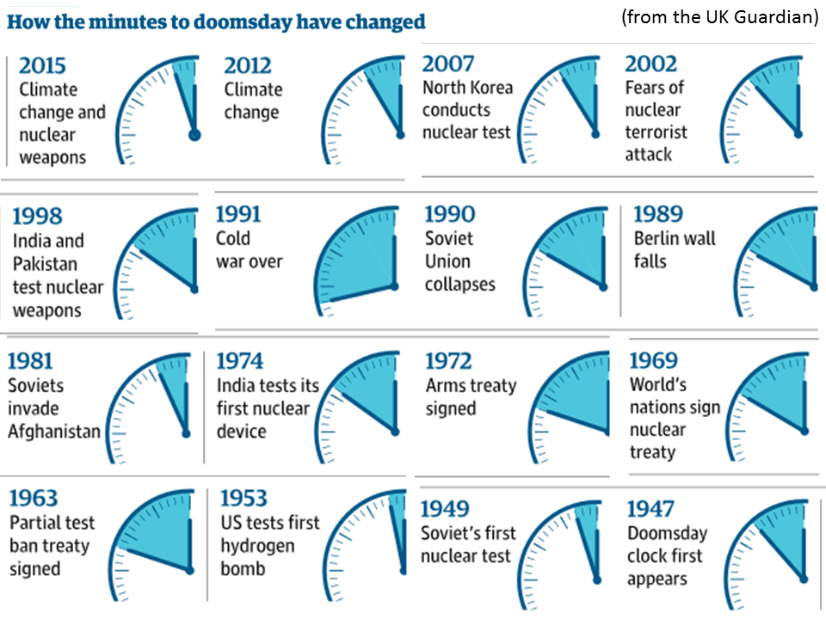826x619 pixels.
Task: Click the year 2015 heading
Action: click(x=42, y=65)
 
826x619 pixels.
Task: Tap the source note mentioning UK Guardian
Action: click(x=718, y=18)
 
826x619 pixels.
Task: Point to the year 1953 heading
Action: click(x=243, y=499)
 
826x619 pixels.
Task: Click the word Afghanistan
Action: click(x=54, y=431)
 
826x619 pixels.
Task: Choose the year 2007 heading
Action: click(x=447, y=64)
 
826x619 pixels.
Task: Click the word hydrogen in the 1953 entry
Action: click(x=257, y=546)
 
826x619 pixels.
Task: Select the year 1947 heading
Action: click(x=650, y=509)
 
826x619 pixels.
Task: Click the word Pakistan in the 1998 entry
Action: click(x=45, y=264)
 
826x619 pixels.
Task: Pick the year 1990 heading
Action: click(x=449, y=214)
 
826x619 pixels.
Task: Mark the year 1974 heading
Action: click(x=239, y=361)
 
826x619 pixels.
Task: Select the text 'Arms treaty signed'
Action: click(x=471, y=396)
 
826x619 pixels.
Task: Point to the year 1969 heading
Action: click(x=653, y=361)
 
